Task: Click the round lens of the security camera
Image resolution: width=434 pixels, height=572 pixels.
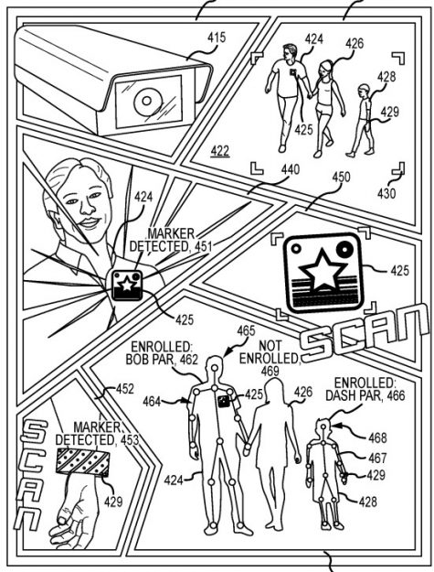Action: (147, 101)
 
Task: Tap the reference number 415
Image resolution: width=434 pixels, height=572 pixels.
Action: (217, 38)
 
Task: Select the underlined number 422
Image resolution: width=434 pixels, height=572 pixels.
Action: (220, 150)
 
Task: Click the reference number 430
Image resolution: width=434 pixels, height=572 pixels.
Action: (386, 193)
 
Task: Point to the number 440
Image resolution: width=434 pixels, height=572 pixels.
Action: (291, 169)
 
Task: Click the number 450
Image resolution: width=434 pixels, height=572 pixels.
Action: (341, 178)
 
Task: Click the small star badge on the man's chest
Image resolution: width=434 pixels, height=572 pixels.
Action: (127, 286)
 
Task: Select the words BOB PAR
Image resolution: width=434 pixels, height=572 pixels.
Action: (150, 360)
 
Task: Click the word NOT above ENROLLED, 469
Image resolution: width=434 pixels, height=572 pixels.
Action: (270, 345)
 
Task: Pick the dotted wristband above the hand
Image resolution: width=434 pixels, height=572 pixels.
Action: (82, 462)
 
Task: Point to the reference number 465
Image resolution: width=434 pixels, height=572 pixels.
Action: (246, 331)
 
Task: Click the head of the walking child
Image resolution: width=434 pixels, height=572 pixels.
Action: (364, 90)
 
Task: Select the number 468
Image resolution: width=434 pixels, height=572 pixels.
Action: (377, 437)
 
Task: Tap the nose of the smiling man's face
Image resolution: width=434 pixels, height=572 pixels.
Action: (86, 209)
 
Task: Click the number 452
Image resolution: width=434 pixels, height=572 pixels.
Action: (125, 389)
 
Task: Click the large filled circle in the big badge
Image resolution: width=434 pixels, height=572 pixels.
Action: (344, 249)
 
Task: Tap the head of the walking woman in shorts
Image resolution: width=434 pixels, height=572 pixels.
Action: (326, 70)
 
